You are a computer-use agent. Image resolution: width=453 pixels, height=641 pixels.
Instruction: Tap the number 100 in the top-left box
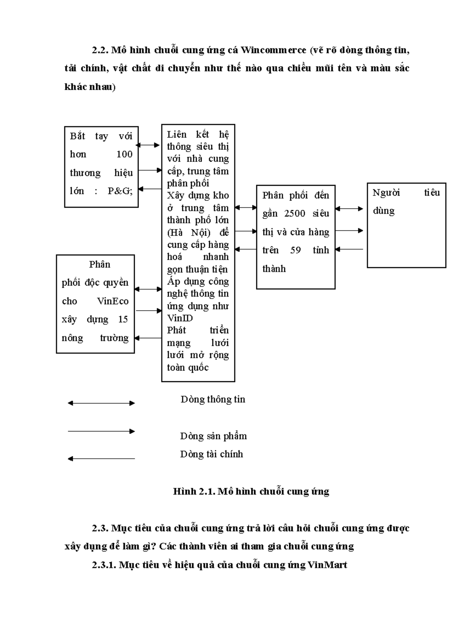[x=124, y=154]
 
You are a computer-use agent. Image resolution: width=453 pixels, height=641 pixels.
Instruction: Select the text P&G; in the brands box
[x=120, y=191]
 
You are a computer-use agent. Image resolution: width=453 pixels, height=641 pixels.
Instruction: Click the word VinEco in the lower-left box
[x=112, y=301]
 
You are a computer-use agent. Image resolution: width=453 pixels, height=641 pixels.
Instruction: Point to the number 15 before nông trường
[x=123, y=319]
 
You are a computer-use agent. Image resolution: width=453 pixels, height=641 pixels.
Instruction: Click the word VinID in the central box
[x=180, y=318]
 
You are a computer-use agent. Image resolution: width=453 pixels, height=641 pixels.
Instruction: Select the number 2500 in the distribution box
[x=294, y=213]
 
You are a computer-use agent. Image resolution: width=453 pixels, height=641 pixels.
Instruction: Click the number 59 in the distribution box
[x=295, y=250]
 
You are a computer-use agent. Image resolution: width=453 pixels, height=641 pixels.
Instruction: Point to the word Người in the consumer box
[x=386, y=193]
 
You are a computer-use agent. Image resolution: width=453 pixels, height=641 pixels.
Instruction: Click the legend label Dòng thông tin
[x=213, y=399]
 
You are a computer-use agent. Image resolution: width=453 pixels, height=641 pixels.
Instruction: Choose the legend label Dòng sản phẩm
[x=213, y=436]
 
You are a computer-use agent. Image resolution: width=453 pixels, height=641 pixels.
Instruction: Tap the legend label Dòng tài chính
[x=211, y=454]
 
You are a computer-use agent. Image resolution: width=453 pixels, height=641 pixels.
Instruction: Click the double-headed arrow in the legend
[x=101, y=403]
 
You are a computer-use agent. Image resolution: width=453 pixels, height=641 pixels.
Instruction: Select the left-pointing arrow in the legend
[x=101, y=459]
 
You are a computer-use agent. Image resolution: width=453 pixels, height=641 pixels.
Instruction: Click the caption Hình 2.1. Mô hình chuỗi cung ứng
[x=251, y=491]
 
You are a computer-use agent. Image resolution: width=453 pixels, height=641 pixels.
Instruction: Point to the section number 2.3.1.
[x=104, y=565]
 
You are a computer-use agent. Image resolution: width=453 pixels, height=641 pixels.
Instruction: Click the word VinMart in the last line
[x=327, y=565]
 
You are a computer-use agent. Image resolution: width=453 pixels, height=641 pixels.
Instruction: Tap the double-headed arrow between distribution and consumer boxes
[x=349, y=208]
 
